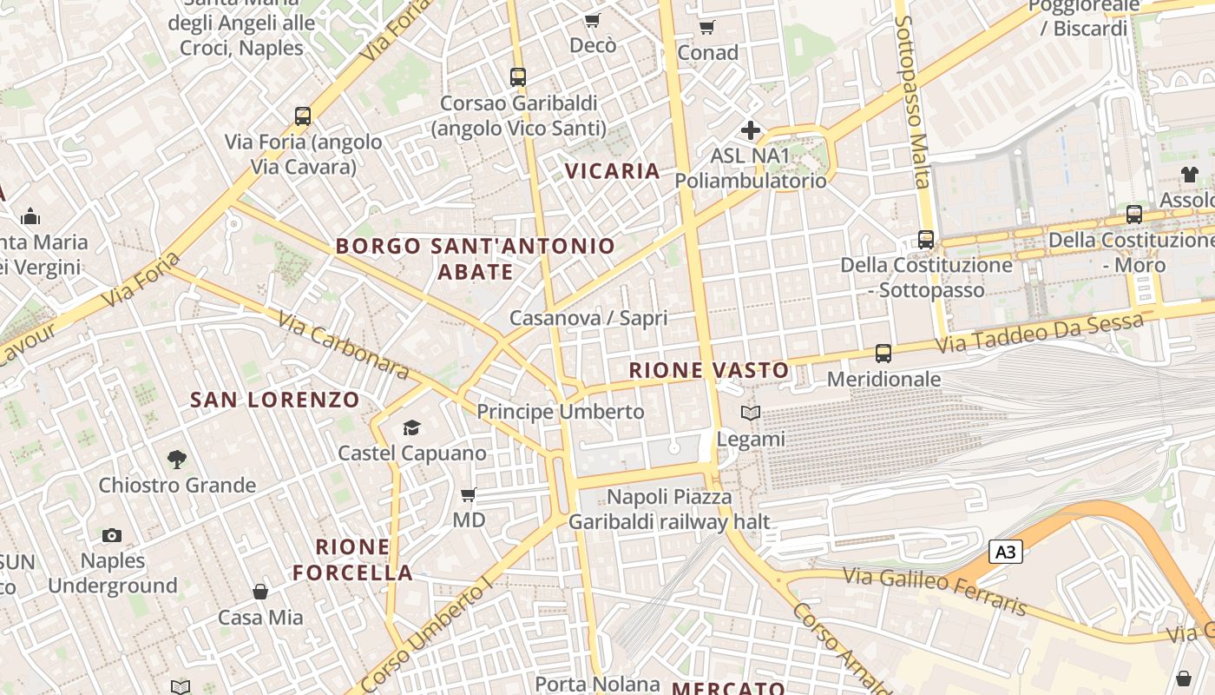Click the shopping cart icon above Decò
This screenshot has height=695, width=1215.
592,20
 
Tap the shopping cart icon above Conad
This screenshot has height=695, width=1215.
707,27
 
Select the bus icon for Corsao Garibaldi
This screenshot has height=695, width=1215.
518,77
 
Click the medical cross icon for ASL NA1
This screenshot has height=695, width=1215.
751,131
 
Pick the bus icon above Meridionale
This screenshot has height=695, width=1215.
883,354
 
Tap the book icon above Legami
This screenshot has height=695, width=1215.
751,414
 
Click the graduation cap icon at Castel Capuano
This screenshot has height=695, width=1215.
411,427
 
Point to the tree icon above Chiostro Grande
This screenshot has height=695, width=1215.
177,459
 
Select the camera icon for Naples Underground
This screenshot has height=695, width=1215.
112,535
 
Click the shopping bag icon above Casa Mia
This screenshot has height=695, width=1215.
259,592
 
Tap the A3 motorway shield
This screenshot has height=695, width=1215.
1006,552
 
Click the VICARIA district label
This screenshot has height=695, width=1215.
613,171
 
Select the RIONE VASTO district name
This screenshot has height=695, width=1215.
709,370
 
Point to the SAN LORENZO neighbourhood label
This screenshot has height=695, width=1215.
274,400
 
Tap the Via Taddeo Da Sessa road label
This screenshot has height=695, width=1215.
1039,334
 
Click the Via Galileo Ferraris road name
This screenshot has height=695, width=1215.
936,590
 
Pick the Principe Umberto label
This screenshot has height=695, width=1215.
561,412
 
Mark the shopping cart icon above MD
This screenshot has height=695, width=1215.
469,495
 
